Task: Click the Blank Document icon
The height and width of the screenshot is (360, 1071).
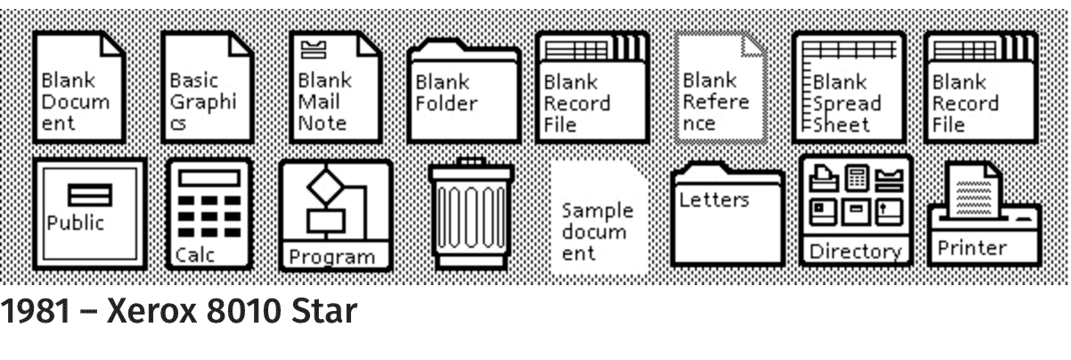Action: click(x=79, y=87)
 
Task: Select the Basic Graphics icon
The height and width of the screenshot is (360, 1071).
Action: click(x=208, y=87)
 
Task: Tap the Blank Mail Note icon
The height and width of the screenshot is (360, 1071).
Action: click(x=336, y=87)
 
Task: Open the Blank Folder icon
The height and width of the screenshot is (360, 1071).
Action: click(x=464, y=90)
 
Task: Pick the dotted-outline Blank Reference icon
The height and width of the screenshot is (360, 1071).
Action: click(x=720, y=87)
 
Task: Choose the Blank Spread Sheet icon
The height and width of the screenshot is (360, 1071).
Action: click(x=848, y=87)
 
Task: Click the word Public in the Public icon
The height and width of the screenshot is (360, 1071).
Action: click(x=76, y=223)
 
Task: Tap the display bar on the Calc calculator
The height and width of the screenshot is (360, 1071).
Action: click(x=208, y=178)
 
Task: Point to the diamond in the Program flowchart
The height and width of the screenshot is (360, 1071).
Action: click(x=325, y=186)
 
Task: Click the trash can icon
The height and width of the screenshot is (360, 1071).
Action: click(x=471, y=213)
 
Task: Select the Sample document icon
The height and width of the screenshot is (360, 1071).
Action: click(x=599, y=217)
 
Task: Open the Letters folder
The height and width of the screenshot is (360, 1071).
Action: click(x=727, y=214)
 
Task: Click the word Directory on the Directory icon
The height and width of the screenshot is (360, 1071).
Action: click(x=855, y=251)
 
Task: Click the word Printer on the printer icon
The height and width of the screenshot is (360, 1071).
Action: click(x=972, y=248)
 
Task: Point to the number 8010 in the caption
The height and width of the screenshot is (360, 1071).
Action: click(x=244, y=311)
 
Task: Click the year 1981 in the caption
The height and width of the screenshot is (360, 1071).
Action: click(x=36, y=311)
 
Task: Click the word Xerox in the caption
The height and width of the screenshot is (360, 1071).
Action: click(x=151, y=311)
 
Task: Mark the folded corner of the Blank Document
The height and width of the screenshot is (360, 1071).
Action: click(x=111, y=46)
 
